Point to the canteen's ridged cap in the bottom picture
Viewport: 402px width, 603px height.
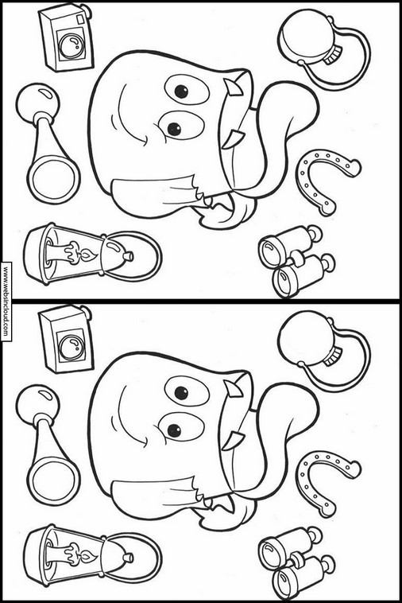pos(332,356)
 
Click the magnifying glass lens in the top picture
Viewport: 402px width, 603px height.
pos(52,179)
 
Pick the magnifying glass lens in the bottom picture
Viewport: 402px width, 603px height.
pos(52,480)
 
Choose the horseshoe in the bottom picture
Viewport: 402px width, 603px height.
pos(326,480)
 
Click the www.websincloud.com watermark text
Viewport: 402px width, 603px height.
pos(6,301)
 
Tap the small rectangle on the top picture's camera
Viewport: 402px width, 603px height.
pos(80,19)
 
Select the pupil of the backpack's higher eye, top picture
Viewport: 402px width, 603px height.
pos(181,91)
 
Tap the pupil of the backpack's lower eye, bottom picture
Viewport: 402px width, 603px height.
pos(174,430)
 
